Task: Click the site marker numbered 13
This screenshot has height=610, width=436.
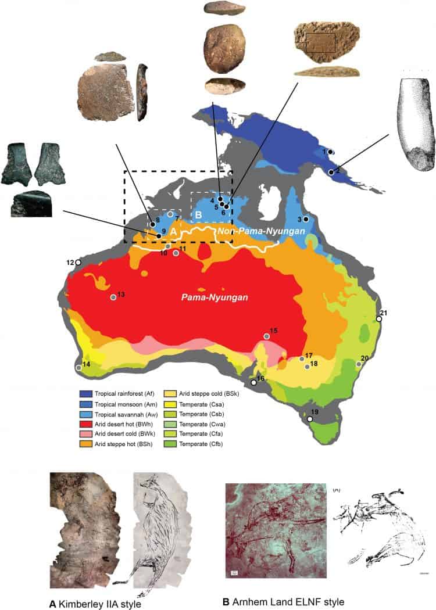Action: click(113, 297)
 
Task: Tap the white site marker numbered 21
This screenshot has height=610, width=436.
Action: click(379, 319)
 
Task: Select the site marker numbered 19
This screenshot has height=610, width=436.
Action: click(310, 419)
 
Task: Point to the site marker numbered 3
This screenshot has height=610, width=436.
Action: click(306, 218)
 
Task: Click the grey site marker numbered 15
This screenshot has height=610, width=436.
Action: click(267, 336)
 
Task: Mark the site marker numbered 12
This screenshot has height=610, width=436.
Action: click(78, 263)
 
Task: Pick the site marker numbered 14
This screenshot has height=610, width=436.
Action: click(78, 367)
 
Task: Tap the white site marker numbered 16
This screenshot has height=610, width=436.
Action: click(253, 383)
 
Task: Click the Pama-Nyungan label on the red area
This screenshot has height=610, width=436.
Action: click(214, 298)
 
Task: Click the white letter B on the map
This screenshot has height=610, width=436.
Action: click(198, 215)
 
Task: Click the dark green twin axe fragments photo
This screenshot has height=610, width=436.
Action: click(33, 177)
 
